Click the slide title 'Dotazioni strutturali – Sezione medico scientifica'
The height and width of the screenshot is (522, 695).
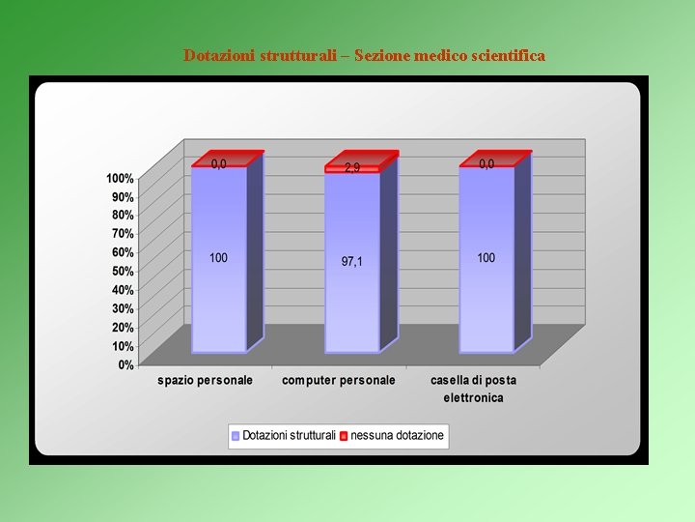click(364, 56)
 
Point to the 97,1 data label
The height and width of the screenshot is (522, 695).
click(352, 262)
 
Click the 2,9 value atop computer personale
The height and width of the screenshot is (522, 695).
click(352, 168)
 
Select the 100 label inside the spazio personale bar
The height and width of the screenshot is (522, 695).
click(218, 258)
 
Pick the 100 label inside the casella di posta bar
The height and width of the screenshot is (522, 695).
click(486, 258)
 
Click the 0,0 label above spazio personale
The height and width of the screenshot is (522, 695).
click(219, 164)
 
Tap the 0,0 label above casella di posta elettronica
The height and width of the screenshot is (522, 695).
click(486, 164)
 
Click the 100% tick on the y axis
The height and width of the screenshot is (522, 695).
click(120, 179)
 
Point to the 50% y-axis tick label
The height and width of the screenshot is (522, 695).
click(123, 272)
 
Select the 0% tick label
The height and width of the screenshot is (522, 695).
click(125, 365)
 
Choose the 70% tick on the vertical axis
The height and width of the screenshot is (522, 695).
click(123, 234)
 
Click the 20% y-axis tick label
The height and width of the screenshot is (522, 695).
click(123, 328)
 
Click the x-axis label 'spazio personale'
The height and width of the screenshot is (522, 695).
click(205, 381)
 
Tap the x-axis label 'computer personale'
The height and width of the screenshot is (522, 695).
click(338, 381)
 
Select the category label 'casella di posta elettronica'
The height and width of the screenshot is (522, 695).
click(473, 389)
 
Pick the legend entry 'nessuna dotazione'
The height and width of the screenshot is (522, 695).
click(397, 436)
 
